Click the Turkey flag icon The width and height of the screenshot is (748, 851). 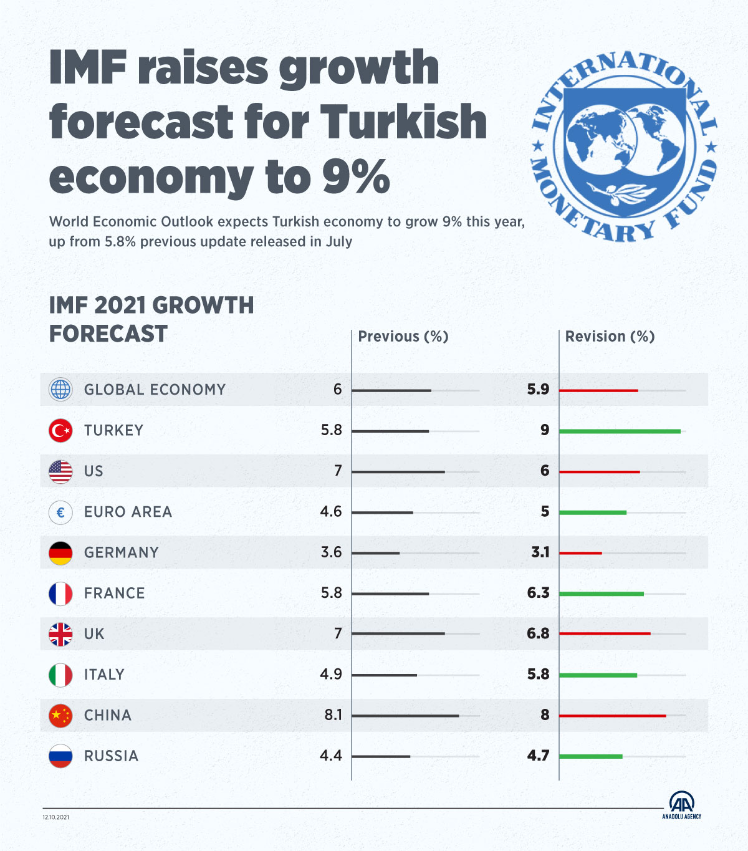60,431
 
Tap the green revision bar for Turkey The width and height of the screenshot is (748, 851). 620,431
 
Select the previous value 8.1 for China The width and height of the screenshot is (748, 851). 333,714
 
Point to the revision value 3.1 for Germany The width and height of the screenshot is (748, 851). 540,552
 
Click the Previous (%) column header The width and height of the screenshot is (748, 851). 403,337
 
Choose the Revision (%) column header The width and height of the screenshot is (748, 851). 610,337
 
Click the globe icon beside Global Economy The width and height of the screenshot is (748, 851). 60,390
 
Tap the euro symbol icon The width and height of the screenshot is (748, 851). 60,512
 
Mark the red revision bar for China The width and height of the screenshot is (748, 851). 612,715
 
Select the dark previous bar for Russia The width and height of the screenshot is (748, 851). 381,756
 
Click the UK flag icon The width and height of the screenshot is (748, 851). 60,634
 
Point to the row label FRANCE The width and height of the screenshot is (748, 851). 114,593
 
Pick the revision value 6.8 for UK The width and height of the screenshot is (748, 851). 538,633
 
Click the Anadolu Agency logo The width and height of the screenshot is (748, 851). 682,805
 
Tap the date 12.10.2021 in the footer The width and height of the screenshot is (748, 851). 56,817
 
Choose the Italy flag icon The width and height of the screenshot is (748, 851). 60,675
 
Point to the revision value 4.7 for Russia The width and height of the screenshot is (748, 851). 538,756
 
